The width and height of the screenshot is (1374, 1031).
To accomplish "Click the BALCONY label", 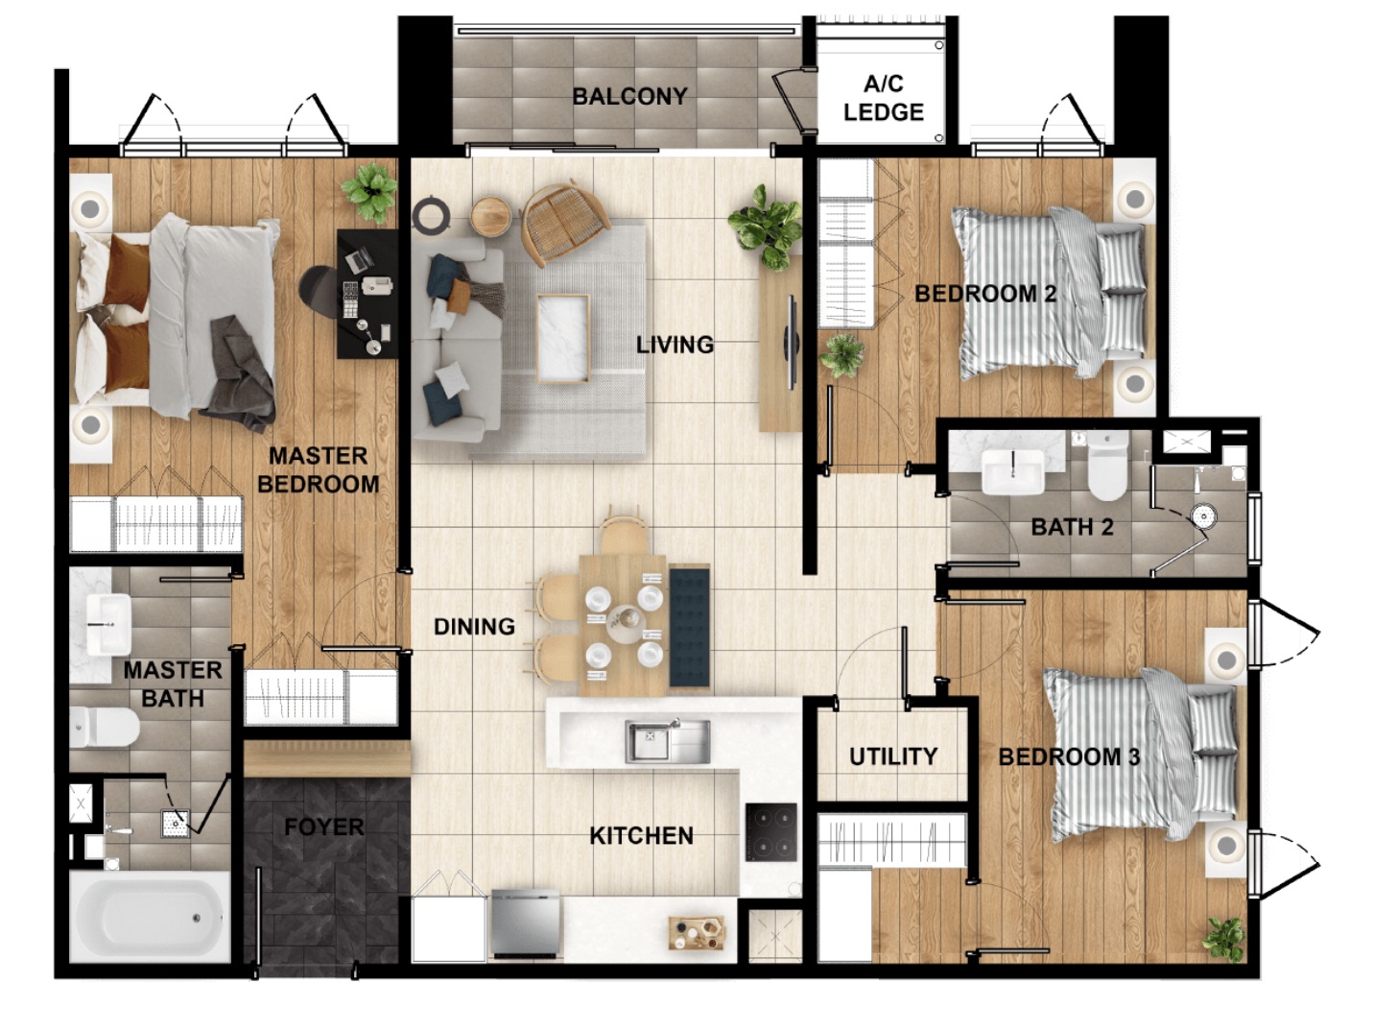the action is [629, 96].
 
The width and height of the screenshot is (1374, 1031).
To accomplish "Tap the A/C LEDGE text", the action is [884, 98].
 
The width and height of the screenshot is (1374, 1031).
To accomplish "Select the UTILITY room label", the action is [893, 756].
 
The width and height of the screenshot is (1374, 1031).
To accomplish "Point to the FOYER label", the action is [323, 827].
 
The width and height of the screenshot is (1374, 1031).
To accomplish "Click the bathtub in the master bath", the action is [149, 917].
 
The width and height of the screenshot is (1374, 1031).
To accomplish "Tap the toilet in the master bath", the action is [104, 728].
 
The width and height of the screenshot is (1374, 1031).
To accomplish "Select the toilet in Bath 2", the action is [1108, 466].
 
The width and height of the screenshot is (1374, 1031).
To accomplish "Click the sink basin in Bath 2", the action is [1012, 472].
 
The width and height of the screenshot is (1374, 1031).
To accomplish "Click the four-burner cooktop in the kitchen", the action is [771, 832].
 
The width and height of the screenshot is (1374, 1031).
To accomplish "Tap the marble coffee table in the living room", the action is [563, 338].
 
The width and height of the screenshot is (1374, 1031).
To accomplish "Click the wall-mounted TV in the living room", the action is [792, 343].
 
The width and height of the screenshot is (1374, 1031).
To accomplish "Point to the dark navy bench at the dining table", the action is [690, 626].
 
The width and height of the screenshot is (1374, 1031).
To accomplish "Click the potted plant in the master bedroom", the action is [369, 192].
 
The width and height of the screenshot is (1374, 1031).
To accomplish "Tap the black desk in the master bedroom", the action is [367, 294].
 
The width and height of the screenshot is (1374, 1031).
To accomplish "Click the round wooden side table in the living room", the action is [491, 217].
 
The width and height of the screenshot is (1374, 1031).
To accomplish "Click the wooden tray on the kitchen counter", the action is [697, 933].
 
